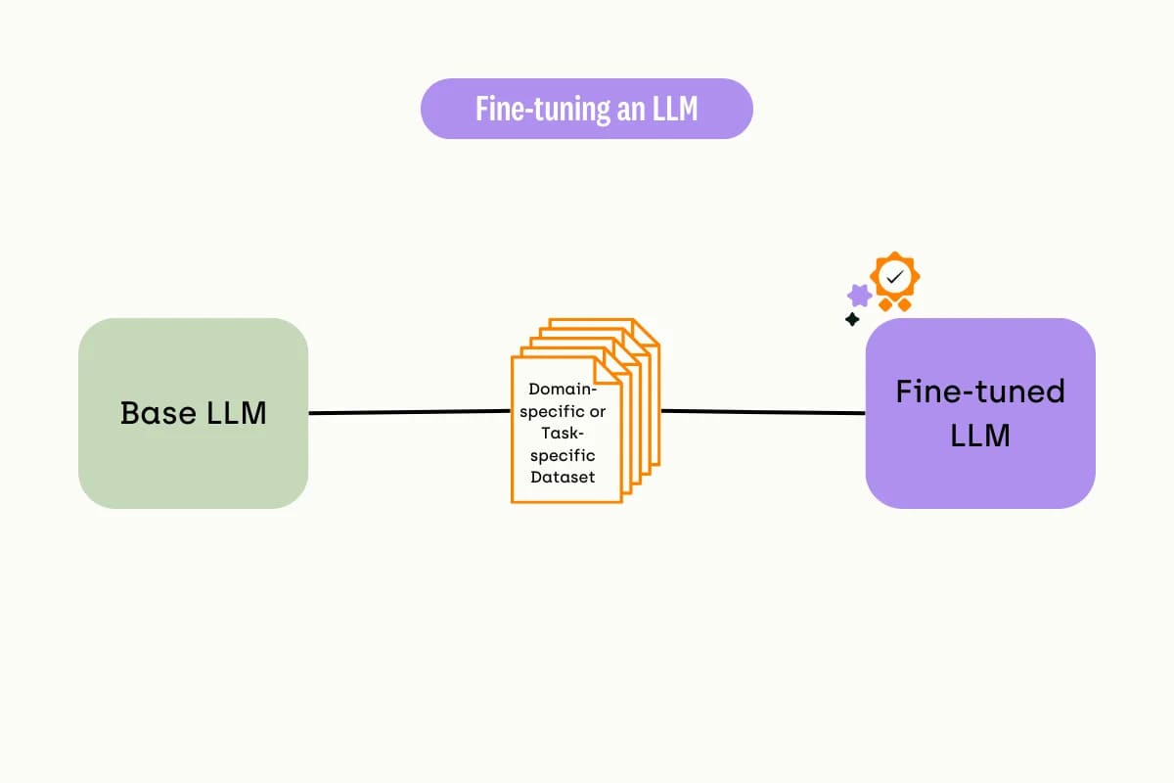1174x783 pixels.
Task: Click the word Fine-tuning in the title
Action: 543,109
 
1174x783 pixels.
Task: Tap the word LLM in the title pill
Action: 675,109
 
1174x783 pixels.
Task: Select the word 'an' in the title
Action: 631,111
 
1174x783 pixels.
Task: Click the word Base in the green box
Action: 158,413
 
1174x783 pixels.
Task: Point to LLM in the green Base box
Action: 237,413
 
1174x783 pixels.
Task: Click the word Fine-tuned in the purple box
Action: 980,391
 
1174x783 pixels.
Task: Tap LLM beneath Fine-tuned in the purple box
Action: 980,436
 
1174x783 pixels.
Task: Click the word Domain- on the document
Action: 563,390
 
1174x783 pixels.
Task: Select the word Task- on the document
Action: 563,434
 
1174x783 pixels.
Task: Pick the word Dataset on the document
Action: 563,478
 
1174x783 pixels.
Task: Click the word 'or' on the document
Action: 597,412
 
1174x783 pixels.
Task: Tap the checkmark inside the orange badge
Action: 894,276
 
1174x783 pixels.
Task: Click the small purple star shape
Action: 860,296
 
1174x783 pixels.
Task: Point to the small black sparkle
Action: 852,319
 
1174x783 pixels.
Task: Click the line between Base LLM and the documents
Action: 409,412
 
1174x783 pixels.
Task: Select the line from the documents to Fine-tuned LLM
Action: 763,412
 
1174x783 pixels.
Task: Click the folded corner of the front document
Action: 607,371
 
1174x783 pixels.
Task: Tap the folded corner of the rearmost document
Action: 646,333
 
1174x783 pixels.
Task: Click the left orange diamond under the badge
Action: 885,304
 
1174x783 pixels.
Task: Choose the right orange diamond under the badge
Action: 905,304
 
